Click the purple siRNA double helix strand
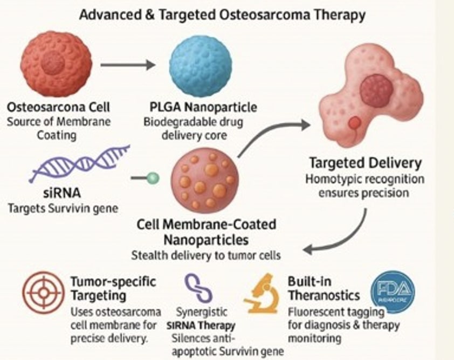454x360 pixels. pyautogui.click(x=80, y=162)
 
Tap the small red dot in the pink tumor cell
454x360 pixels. pyautogui.click(x=354, y=123)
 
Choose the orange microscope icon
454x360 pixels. pyautogui.click(x=261, y=293)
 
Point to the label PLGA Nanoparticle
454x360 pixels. pyautogui.click(x=200, y=106)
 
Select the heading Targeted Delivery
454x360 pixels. pyautogui.click(x=365, y=163)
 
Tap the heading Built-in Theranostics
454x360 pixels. pyautogui.click(x=322, y=288)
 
